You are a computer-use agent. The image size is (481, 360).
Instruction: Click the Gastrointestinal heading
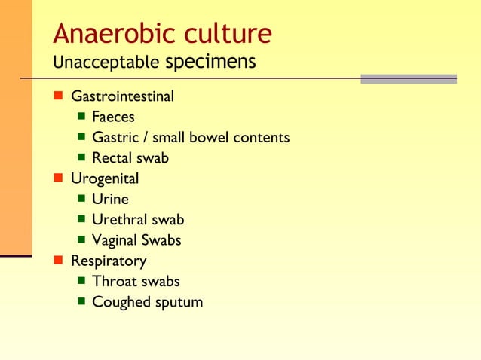pos(122,97)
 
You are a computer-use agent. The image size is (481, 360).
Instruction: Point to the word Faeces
pos(113,117)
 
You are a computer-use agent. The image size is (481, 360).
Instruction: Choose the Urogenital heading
pos(105,179)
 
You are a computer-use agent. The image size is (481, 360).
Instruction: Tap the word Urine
pos(110,200)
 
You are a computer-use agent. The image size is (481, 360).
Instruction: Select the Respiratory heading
pos(109,261)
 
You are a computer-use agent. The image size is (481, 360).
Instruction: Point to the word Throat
pos(113,282)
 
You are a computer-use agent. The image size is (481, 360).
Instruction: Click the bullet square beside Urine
pos(81,200)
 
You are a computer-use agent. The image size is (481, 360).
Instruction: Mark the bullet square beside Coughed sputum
pos(81,302)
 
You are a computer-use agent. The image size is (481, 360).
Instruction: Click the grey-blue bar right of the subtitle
pos(409,78)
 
